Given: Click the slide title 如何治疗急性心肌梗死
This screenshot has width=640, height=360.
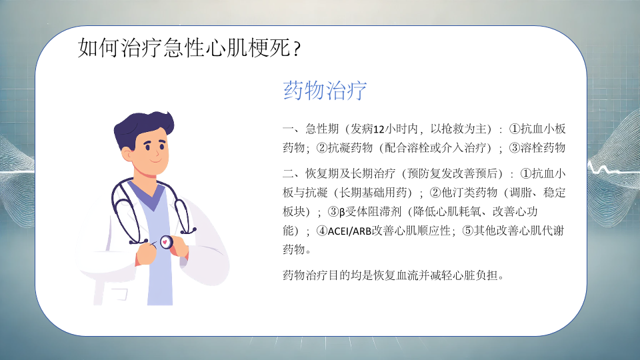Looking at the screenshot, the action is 184,48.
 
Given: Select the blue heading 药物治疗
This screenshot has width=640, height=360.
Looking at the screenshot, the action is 325,90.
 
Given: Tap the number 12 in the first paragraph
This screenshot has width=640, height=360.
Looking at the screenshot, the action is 379,129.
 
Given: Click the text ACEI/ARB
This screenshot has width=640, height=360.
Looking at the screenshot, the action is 349,231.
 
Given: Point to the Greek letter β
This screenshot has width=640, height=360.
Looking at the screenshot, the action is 342,212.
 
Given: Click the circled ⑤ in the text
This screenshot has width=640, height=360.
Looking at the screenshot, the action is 467,231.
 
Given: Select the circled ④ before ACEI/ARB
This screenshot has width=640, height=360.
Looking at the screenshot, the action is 322,231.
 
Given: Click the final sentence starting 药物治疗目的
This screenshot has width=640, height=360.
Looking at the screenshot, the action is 393,275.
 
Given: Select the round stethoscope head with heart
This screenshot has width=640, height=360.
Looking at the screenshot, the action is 166,242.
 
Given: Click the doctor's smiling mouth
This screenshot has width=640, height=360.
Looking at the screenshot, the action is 156,161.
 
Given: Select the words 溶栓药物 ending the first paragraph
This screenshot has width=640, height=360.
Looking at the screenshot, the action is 543,147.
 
